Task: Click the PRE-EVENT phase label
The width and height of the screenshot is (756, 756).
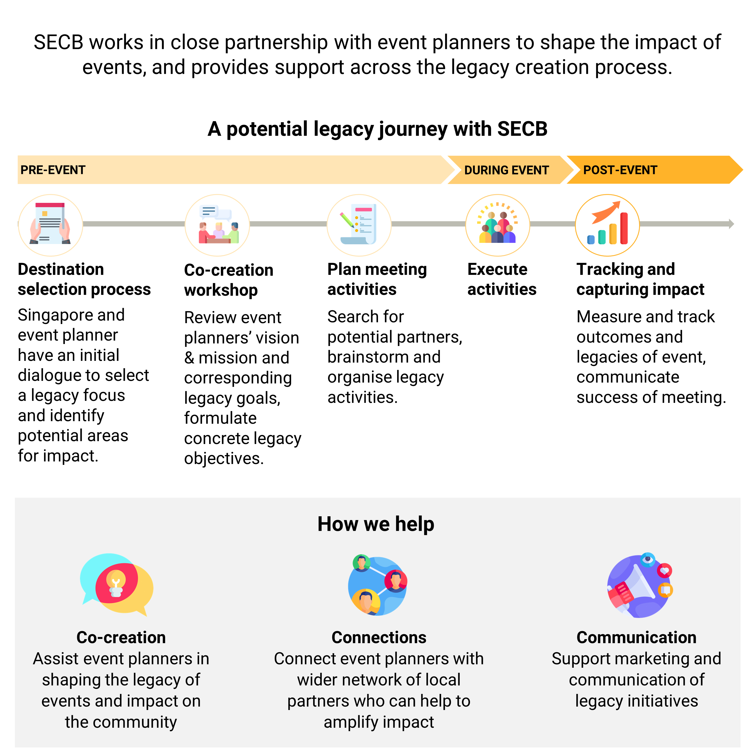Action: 53,170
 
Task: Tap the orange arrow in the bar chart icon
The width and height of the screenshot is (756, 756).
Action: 606,212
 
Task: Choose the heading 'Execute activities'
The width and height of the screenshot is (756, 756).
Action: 502,279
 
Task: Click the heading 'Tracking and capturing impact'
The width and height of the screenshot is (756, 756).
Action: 640,279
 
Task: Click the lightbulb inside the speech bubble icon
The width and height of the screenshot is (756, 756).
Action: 116,583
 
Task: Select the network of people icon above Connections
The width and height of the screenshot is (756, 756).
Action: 378,585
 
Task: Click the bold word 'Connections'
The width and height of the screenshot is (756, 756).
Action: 379,637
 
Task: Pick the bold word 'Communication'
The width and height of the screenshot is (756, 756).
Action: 636,637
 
